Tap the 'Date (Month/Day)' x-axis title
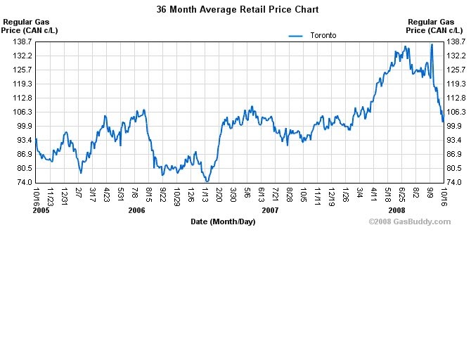pos(223,221)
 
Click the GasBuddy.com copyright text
pos(409,221)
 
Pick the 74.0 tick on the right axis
pos(456,182)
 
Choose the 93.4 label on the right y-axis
pos(456,140)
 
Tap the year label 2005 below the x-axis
pos(41,210)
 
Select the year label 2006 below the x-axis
pos(136,210)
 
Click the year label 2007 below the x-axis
pos(270,210)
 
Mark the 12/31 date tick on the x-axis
pos(64,194)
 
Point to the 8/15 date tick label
pos(149,193)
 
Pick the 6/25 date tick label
pos(403,193)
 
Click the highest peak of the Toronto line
pos(432,44)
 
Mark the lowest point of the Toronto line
pos(207,181)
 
